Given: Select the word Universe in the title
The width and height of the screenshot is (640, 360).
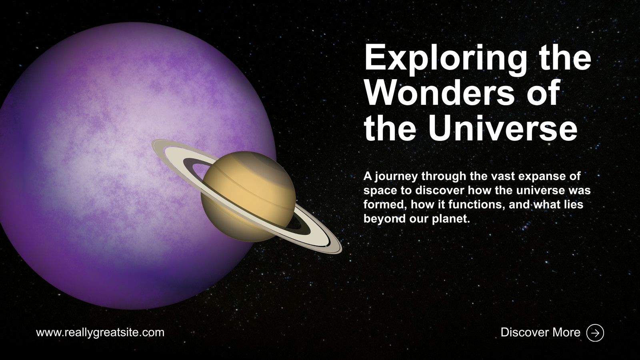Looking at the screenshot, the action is (503, 126).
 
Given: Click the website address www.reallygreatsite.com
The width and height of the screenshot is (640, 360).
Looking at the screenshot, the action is (100, 333).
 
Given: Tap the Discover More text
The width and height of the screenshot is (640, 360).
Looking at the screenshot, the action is (540, 332).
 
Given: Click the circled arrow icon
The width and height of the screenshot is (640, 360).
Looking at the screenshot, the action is (595, 333).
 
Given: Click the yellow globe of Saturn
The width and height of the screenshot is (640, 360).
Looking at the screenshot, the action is (248, 196).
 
